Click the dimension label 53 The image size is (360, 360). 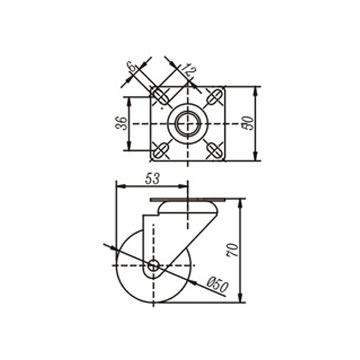tap(152, 179)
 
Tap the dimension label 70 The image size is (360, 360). tap(233, 250)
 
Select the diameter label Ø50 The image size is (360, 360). tap(217, 285)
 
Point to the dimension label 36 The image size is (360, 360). tap(121, 123)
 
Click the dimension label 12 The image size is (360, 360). tap(188, 70)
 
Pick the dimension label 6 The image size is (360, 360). tap(132, 68)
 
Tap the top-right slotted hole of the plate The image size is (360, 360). tap(215, 96)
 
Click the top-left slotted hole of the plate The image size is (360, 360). tap(161, 96)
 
